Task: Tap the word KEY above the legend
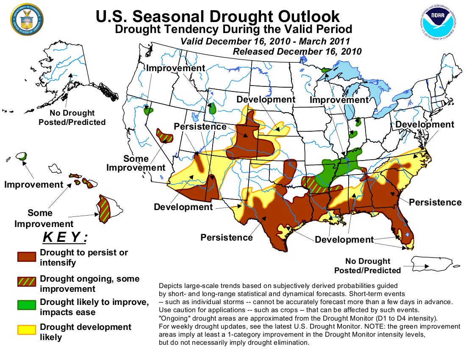pos(64,238)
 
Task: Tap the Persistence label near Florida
pos(435,202)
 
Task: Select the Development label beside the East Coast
pos(425,125)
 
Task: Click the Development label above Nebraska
pos(266,100)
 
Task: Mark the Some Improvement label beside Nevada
pos(136,163)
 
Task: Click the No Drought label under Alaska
pos(72,118)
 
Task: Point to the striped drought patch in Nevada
pos(164,135)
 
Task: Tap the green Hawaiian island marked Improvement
pos(22,156)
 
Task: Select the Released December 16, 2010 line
pos(297,52)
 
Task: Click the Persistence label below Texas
pos(227,237)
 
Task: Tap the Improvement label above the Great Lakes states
pos(339,100)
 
